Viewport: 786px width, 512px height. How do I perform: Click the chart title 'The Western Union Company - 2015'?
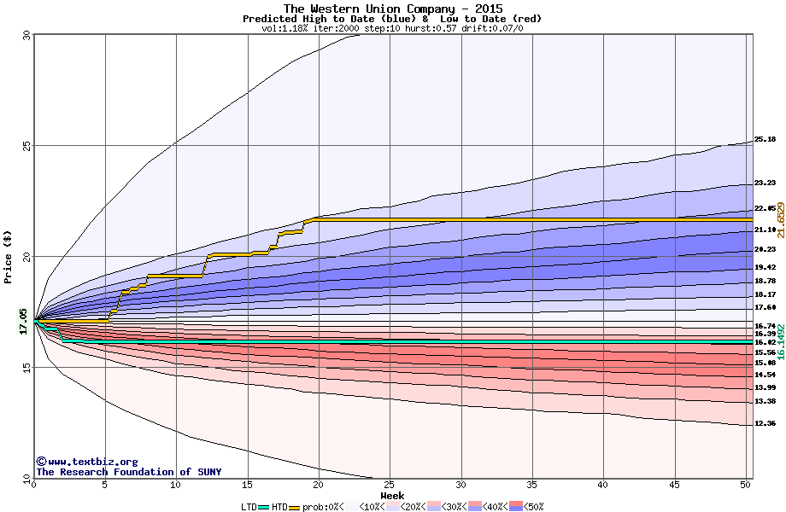(x=393, y=9)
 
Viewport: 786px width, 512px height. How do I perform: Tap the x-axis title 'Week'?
(x=392, y=495)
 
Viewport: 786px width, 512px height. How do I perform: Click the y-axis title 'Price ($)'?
(x=9, y=257)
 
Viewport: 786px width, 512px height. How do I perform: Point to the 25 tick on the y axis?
(x=25, y=146)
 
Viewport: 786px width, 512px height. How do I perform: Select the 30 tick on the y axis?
(x=25, y=36)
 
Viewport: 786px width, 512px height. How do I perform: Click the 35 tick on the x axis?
(x=532, y=485)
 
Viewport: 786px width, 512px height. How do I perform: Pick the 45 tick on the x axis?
(x=675, y=485)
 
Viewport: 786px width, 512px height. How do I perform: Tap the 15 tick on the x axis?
(x=247, y=485)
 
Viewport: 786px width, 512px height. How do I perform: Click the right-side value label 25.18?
(x=765, y=139)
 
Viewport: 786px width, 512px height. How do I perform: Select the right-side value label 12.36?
(x=765, y=424)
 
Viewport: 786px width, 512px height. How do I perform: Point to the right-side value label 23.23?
(x=765, y=183)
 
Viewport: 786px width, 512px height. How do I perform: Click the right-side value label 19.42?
(x=765, y=267)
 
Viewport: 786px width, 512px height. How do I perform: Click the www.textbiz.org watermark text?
(x=86, y=462)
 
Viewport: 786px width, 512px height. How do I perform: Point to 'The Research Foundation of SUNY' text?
(x=128, y=472)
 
